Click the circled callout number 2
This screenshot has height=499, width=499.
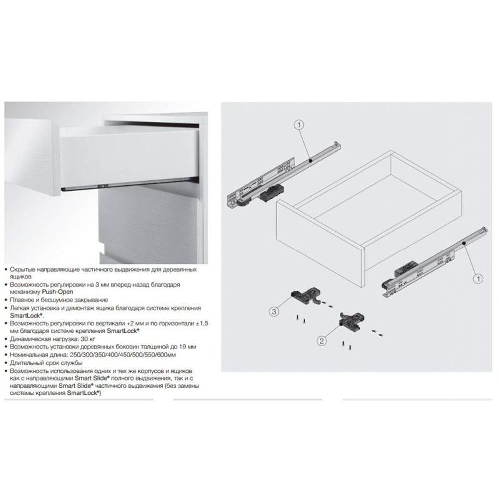pyautogui.click(x=322, y=341)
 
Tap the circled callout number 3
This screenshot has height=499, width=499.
pyautogui.click(x=274, y=311)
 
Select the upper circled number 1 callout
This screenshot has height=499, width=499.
pyautogui.click(x=299, y=125)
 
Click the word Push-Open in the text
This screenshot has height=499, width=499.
pyautogui.click(x=57, y=292)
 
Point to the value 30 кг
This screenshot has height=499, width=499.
pyautogui.click(x=88, y=339)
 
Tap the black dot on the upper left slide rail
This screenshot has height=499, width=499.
pyautogui.click(x=310, y=161)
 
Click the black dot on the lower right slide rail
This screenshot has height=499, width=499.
pyautogui.click(x=464, y=243)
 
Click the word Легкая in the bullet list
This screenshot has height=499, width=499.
pyautogui.click(x=20, y=308)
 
